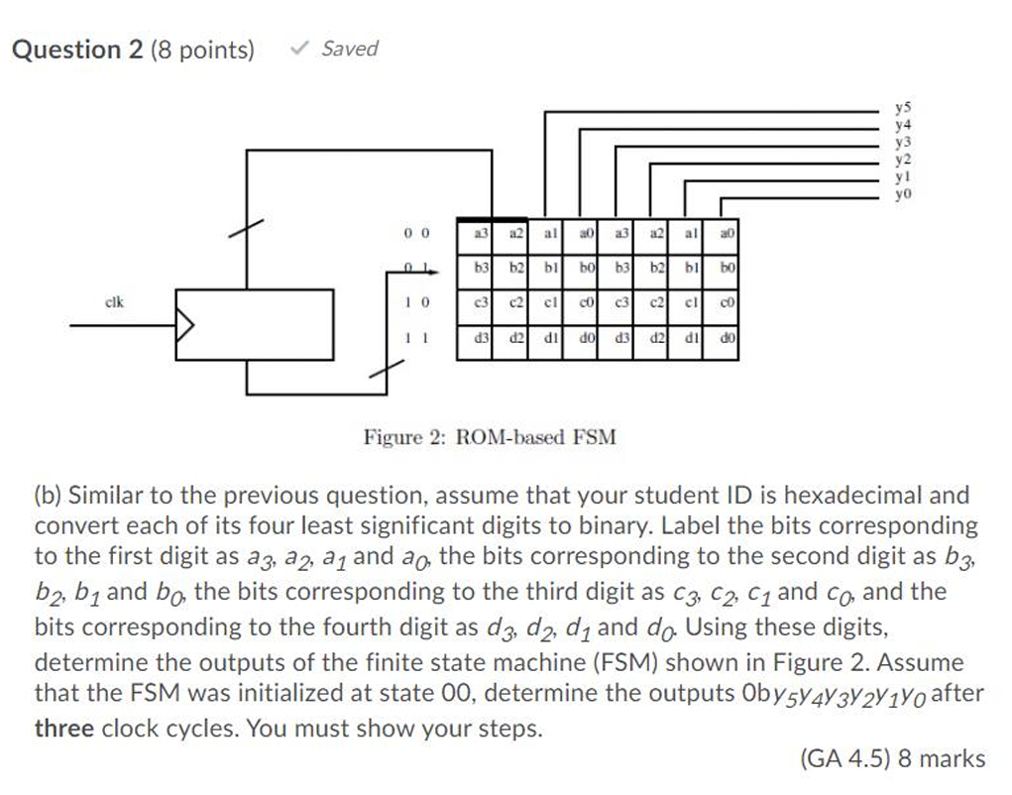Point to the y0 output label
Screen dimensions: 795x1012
click(902, 196)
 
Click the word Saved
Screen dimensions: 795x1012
click(349, 49)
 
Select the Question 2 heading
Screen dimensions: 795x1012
click(77, 50)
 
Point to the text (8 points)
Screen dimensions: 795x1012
click(201, 50)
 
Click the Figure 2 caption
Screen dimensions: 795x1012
click(490, 436)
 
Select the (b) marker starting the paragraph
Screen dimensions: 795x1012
click(48, 494)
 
